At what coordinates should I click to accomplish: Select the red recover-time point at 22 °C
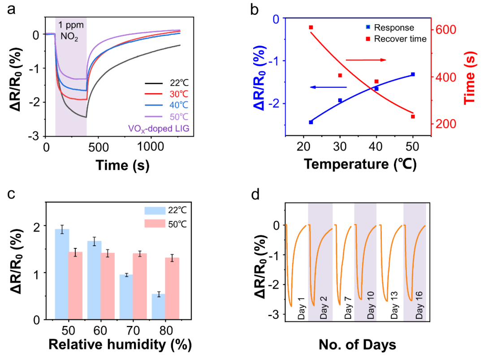311,27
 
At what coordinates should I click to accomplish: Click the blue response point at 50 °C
413,74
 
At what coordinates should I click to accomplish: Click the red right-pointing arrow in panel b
366,60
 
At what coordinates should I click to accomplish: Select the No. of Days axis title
358,345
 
